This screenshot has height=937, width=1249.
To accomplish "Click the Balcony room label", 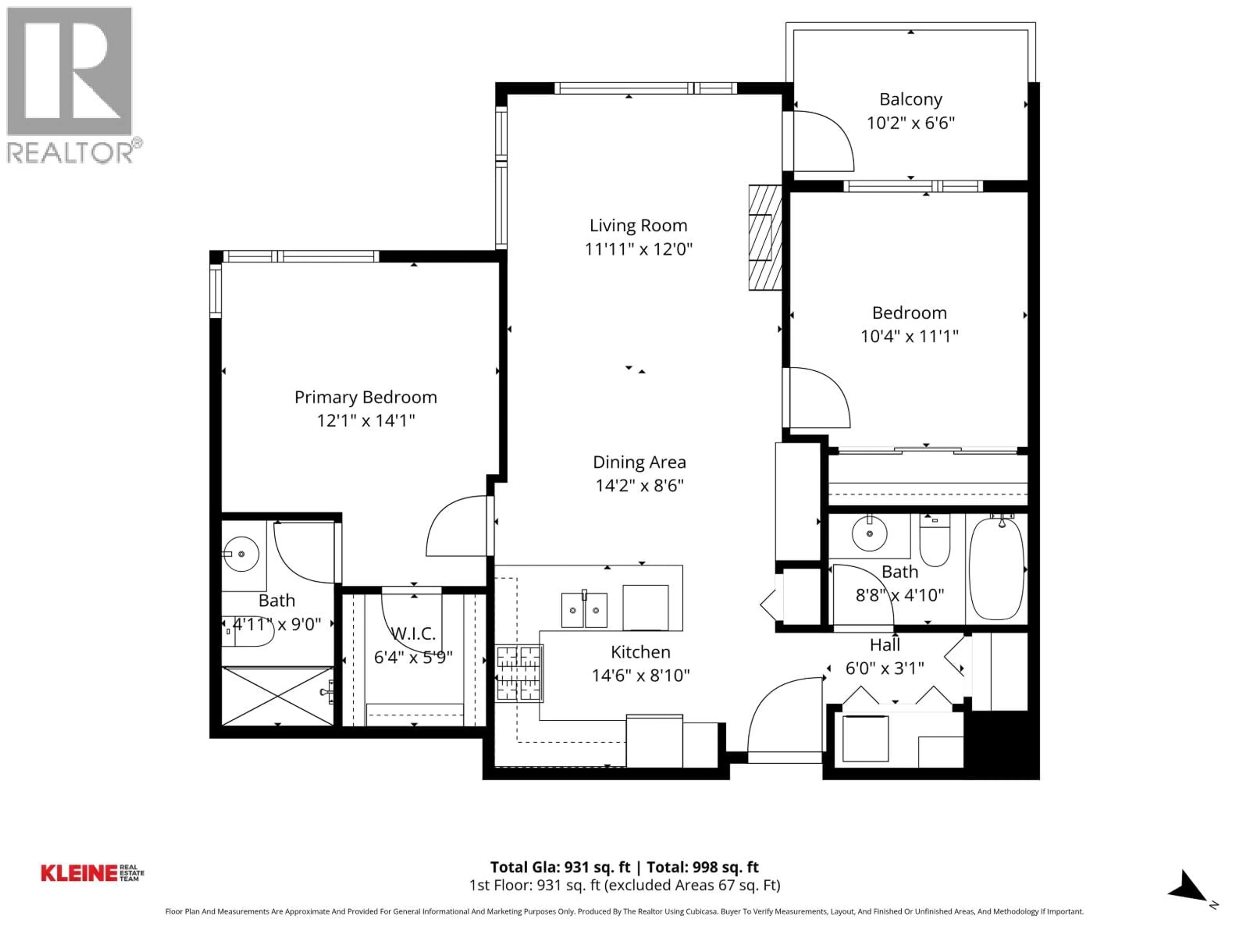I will pos(910,100).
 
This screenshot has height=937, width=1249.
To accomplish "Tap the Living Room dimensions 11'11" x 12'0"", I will pos(638,249).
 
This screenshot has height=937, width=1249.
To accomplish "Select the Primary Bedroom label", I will pos(365,397).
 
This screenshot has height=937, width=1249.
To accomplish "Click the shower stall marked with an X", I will pos(277,696).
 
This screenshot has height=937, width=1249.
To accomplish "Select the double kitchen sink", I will pos(584,610).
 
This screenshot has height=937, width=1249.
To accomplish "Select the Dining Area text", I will pos(639,462).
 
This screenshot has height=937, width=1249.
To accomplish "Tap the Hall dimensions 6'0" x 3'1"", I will pos(884,668).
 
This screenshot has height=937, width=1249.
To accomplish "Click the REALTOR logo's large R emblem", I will pos(70,71).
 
